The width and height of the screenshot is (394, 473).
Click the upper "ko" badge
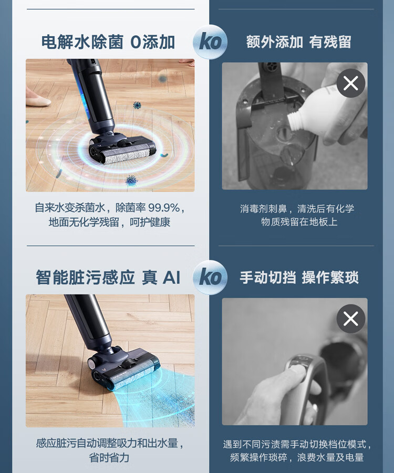(210, 41)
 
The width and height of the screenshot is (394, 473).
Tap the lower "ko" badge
(210, 277)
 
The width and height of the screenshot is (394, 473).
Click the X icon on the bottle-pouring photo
(351, 83)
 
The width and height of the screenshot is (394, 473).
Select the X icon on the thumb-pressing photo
(351, 319)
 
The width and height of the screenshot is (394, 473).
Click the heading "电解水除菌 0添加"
(108, 42)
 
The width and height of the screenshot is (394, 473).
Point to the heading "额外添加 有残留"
(298, 42)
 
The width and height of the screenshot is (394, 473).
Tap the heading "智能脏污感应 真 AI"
(108, 277)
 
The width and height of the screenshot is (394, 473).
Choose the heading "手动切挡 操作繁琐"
(299, 277)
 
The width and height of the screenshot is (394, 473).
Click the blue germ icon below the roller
(131, 181)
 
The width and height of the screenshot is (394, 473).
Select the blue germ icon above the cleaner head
(137, 106)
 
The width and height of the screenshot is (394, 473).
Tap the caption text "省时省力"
(109, 458)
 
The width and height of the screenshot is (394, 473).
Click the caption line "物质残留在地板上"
(299, 222)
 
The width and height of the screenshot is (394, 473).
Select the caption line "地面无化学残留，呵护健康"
(109, 222)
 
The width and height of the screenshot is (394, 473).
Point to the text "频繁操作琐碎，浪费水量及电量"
(297, 457)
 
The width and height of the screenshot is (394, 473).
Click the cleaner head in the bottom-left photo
(124, 370)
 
